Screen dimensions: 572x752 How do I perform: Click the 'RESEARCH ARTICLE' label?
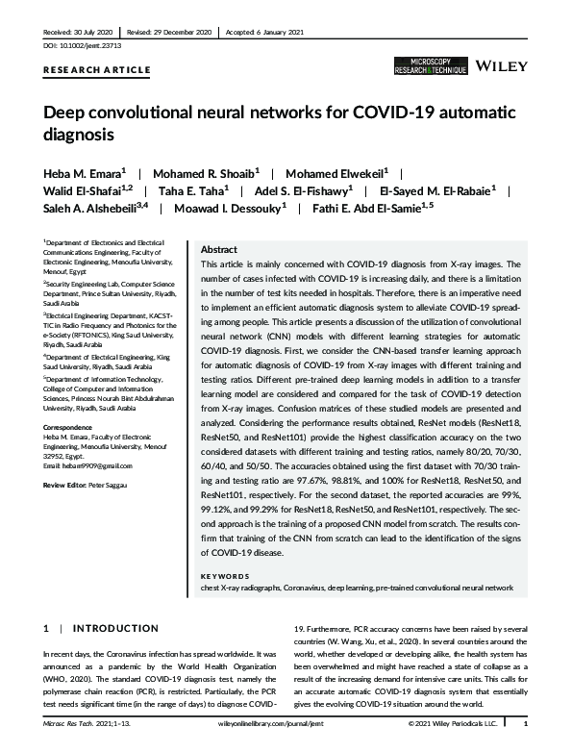pyautogui.click(x=97, y=70)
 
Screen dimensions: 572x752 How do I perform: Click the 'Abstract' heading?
pyautogui.click(x=217, y=247)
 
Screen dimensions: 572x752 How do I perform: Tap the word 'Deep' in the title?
pyautogui.click(x=63, y=113)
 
